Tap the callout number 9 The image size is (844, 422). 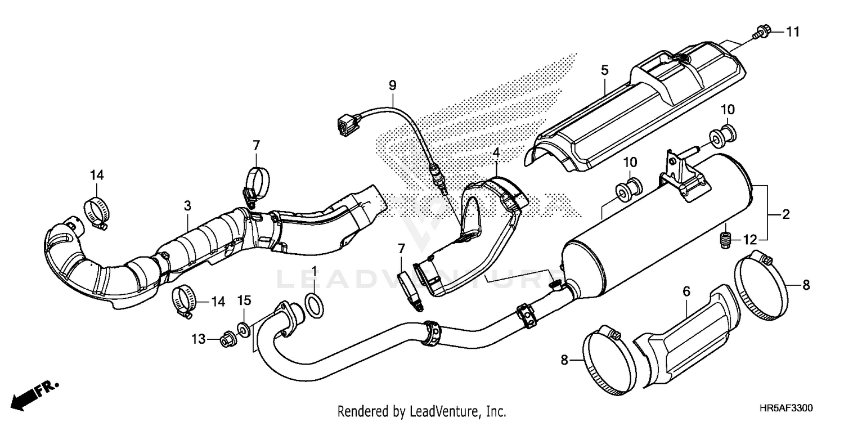click(392, 86)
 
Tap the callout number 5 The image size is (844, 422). click(604, 71)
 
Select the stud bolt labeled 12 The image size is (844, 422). click(726, 241)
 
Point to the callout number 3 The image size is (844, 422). click(187, 206)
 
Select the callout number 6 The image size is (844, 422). click(686, 291)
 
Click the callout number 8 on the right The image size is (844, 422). click(806, 286)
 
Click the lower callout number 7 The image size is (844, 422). click(401, 248)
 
